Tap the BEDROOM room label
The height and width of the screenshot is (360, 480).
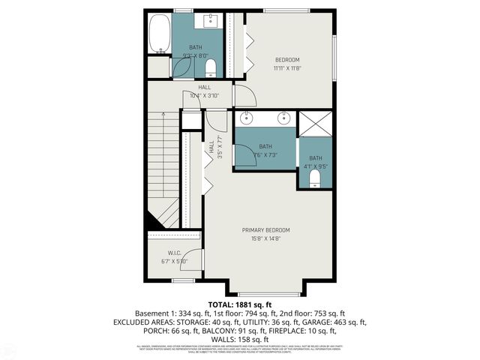pyautogui.click(x=287, y=60)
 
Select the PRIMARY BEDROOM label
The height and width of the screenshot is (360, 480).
pyautogui.click(x=265, y=229)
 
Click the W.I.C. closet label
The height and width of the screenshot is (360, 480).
pyautogui.click(x=175, y=253)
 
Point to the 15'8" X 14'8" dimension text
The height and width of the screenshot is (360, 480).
pyautogui.click(x=265, y=239)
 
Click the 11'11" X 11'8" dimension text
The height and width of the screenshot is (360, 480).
pyautogui.click(x=287, y=68)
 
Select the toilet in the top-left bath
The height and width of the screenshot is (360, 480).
pyautogui.click(x=210, y=69)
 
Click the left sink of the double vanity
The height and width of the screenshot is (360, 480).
pyautogui.click(x=247, y=118)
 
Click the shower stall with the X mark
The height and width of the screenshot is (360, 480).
pyautogui.click(x=316, y=123)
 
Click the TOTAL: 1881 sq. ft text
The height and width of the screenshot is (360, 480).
pyautogui.click(x=239, y=304)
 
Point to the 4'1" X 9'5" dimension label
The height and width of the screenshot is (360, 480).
pyautogui.click(x=316, y=166)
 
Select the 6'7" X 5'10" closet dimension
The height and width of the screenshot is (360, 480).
pyautogui.click(x=174, y=262)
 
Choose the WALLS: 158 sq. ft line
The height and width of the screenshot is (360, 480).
pyautogui.click(x=239, y=339)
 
